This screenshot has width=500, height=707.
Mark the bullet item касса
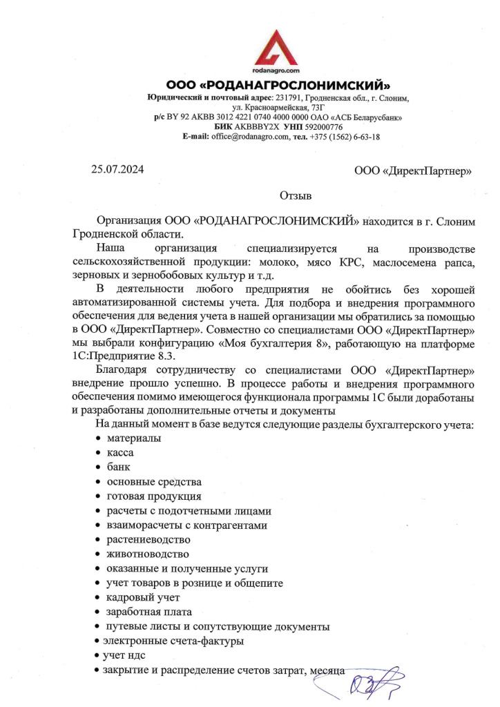[120, 453]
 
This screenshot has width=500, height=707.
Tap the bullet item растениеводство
[147, 540]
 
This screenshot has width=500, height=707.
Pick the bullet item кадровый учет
[143, 598]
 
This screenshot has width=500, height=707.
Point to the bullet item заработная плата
[148, 612]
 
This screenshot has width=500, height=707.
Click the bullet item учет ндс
[124, 655]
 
